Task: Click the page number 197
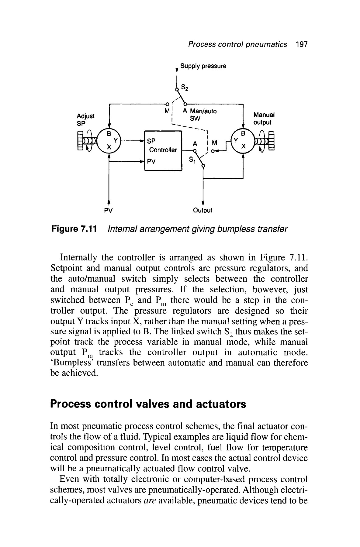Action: click(x=301, y=45)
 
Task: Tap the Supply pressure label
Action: click(x=203, y=66)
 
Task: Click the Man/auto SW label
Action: click(x=199, y=115)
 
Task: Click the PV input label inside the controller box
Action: click(x=151, y=162)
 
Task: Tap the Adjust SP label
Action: click(x=85, y=119)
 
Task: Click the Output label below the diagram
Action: click(x=203, y=210)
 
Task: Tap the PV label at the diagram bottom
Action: click(x=109, y=210)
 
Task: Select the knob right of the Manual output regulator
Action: click(x=266, y=142)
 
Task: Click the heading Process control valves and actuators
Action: click(x=148, y=404)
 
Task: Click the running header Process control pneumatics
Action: click(x=237, y=45)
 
